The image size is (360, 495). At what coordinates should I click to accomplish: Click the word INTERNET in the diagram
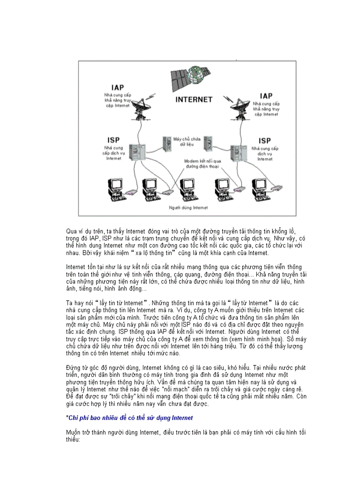point(194,100)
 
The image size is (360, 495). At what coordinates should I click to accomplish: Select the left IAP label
point(117,88)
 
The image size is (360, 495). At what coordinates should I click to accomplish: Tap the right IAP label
point(266,96)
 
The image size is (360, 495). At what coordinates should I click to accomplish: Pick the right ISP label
point(265,141)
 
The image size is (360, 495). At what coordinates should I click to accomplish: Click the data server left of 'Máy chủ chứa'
point(167,144)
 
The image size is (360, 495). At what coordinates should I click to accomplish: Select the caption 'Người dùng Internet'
point(188,207)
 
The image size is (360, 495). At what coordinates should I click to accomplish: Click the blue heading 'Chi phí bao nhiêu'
point(131,417)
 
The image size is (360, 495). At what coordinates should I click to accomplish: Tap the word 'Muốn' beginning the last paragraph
point(74,432)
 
